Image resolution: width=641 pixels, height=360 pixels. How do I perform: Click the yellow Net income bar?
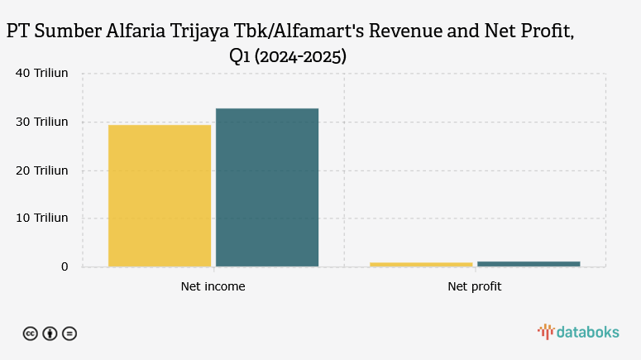(x=160, y=195)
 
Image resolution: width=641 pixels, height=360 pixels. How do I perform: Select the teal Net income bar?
(x=267, y=187)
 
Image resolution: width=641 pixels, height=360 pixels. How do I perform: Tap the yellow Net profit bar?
(x=421, y=264)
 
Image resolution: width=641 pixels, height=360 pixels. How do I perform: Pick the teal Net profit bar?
(x=529, y=263)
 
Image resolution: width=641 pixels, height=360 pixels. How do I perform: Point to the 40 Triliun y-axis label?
(x=42, y=73)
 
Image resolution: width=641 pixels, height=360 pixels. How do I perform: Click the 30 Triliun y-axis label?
(x=42, y=122)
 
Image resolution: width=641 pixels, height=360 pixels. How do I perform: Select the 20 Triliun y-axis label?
(x=42, y=170)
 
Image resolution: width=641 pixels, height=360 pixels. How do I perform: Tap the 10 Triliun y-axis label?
(x=42, y=218)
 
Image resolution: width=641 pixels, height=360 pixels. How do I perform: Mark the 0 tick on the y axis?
(x=64, y=266)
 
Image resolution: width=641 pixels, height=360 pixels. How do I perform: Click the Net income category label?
(x=213, y=287)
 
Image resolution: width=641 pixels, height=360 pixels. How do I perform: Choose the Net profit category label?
(x=475, y=287)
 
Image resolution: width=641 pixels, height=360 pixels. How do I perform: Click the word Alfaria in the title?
(x=136, y=32)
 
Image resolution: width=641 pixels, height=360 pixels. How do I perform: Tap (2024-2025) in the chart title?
(x=299, y=57)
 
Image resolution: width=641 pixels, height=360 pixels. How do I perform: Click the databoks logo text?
(x=587, y=332)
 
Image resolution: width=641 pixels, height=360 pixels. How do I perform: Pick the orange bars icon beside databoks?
(x=545, y=332)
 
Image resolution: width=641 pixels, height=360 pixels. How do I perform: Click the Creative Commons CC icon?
(x=30, y=334)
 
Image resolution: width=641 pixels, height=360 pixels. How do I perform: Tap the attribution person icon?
(x=50, y=334)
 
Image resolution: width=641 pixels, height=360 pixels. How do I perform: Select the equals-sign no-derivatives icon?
(x=69, y=334)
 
